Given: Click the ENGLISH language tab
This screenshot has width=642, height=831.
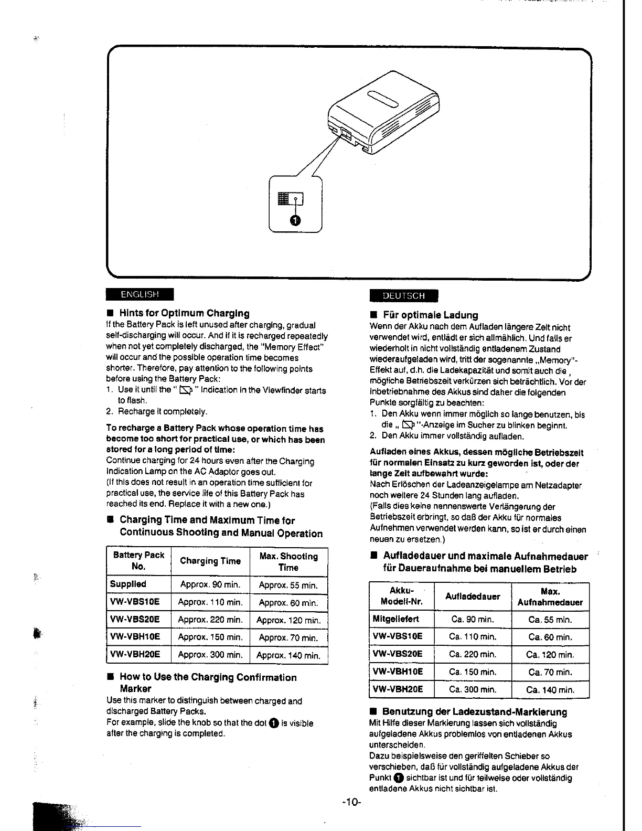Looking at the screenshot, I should [x=140, y=294].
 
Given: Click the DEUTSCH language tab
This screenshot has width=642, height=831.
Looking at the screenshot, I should [x=403, y=295].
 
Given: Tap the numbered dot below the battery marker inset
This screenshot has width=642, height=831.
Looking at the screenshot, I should [x=296, y=220].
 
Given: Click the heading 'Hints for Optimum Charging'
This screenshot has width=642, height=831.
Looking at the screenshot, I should [x=184, y=313].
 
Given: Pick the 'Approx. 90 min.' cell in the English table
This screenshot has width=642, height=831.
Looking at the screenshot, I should [x=210, y=584].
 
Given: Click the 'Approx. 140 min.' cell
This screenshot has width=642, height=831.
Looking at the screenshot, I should [x=288, y=655].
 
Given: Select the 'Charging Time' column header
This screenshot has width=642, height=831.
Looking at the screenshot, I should [x=210, y=561].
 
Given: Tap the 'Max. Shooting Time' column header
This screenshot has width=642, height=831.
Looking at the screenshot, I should [x=288, y=562].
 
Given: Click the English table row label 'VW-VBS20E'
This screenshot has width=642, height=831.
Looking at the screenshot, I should [x=135, y=619].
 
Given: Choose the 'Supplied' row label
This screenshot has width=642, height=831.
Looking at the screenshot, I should [x=128, y=584].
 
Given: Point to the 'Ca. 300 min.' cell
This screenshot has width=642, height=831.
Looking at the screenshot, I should [x=473, y=689].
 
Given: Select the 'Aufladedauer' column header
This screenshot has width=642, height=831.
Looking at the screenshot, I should [x=473, y=596].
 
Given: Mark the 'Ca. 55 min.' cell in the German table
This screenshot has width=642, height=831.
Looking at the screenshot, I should [x=550, y=620].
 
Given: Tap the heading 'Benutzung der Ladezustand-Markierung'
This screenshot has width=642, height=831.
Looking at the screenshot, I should [x=475, y=712].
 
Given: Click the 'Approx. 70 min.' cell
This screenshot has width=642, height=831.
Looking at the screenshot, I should [x=288, y=638].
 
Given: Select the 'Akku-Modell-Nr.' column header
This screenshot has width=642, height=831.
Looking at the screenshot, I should [x=402, y=596].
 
